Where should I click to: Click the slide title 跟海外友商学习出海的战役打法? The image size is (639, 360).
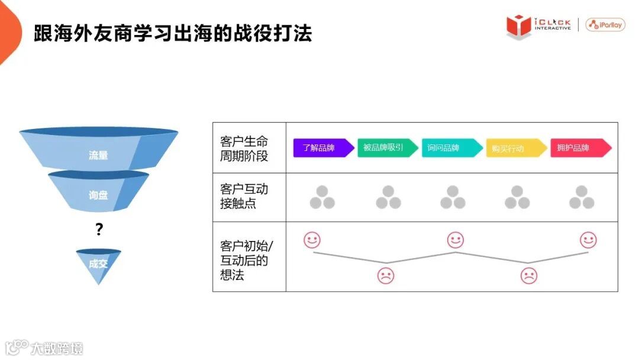(x=173, y=33)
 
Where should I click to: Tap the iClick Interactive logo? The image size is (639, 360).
(x=538, y=25)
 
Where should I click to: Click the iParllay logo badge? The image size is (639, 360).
(x=605, y=25)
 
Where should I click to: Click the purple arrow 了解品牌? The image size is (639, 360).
(x=323, y=148)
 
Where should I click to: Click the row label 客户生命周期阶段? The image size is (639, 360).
(x=244, y=149)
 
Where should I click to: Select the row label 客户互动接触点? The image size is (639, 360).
(x=244, y=196)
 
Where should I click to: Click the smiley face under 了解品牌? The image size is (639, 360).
(x=312, y=240)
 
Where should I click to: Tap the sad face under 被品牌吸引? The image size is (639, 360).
(x=386, y=275)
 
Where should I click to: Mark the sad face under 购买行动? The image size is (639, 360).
(x=528, y=275)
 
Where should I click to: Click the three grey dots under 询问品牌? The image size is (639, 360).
(x=453, y=198)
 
